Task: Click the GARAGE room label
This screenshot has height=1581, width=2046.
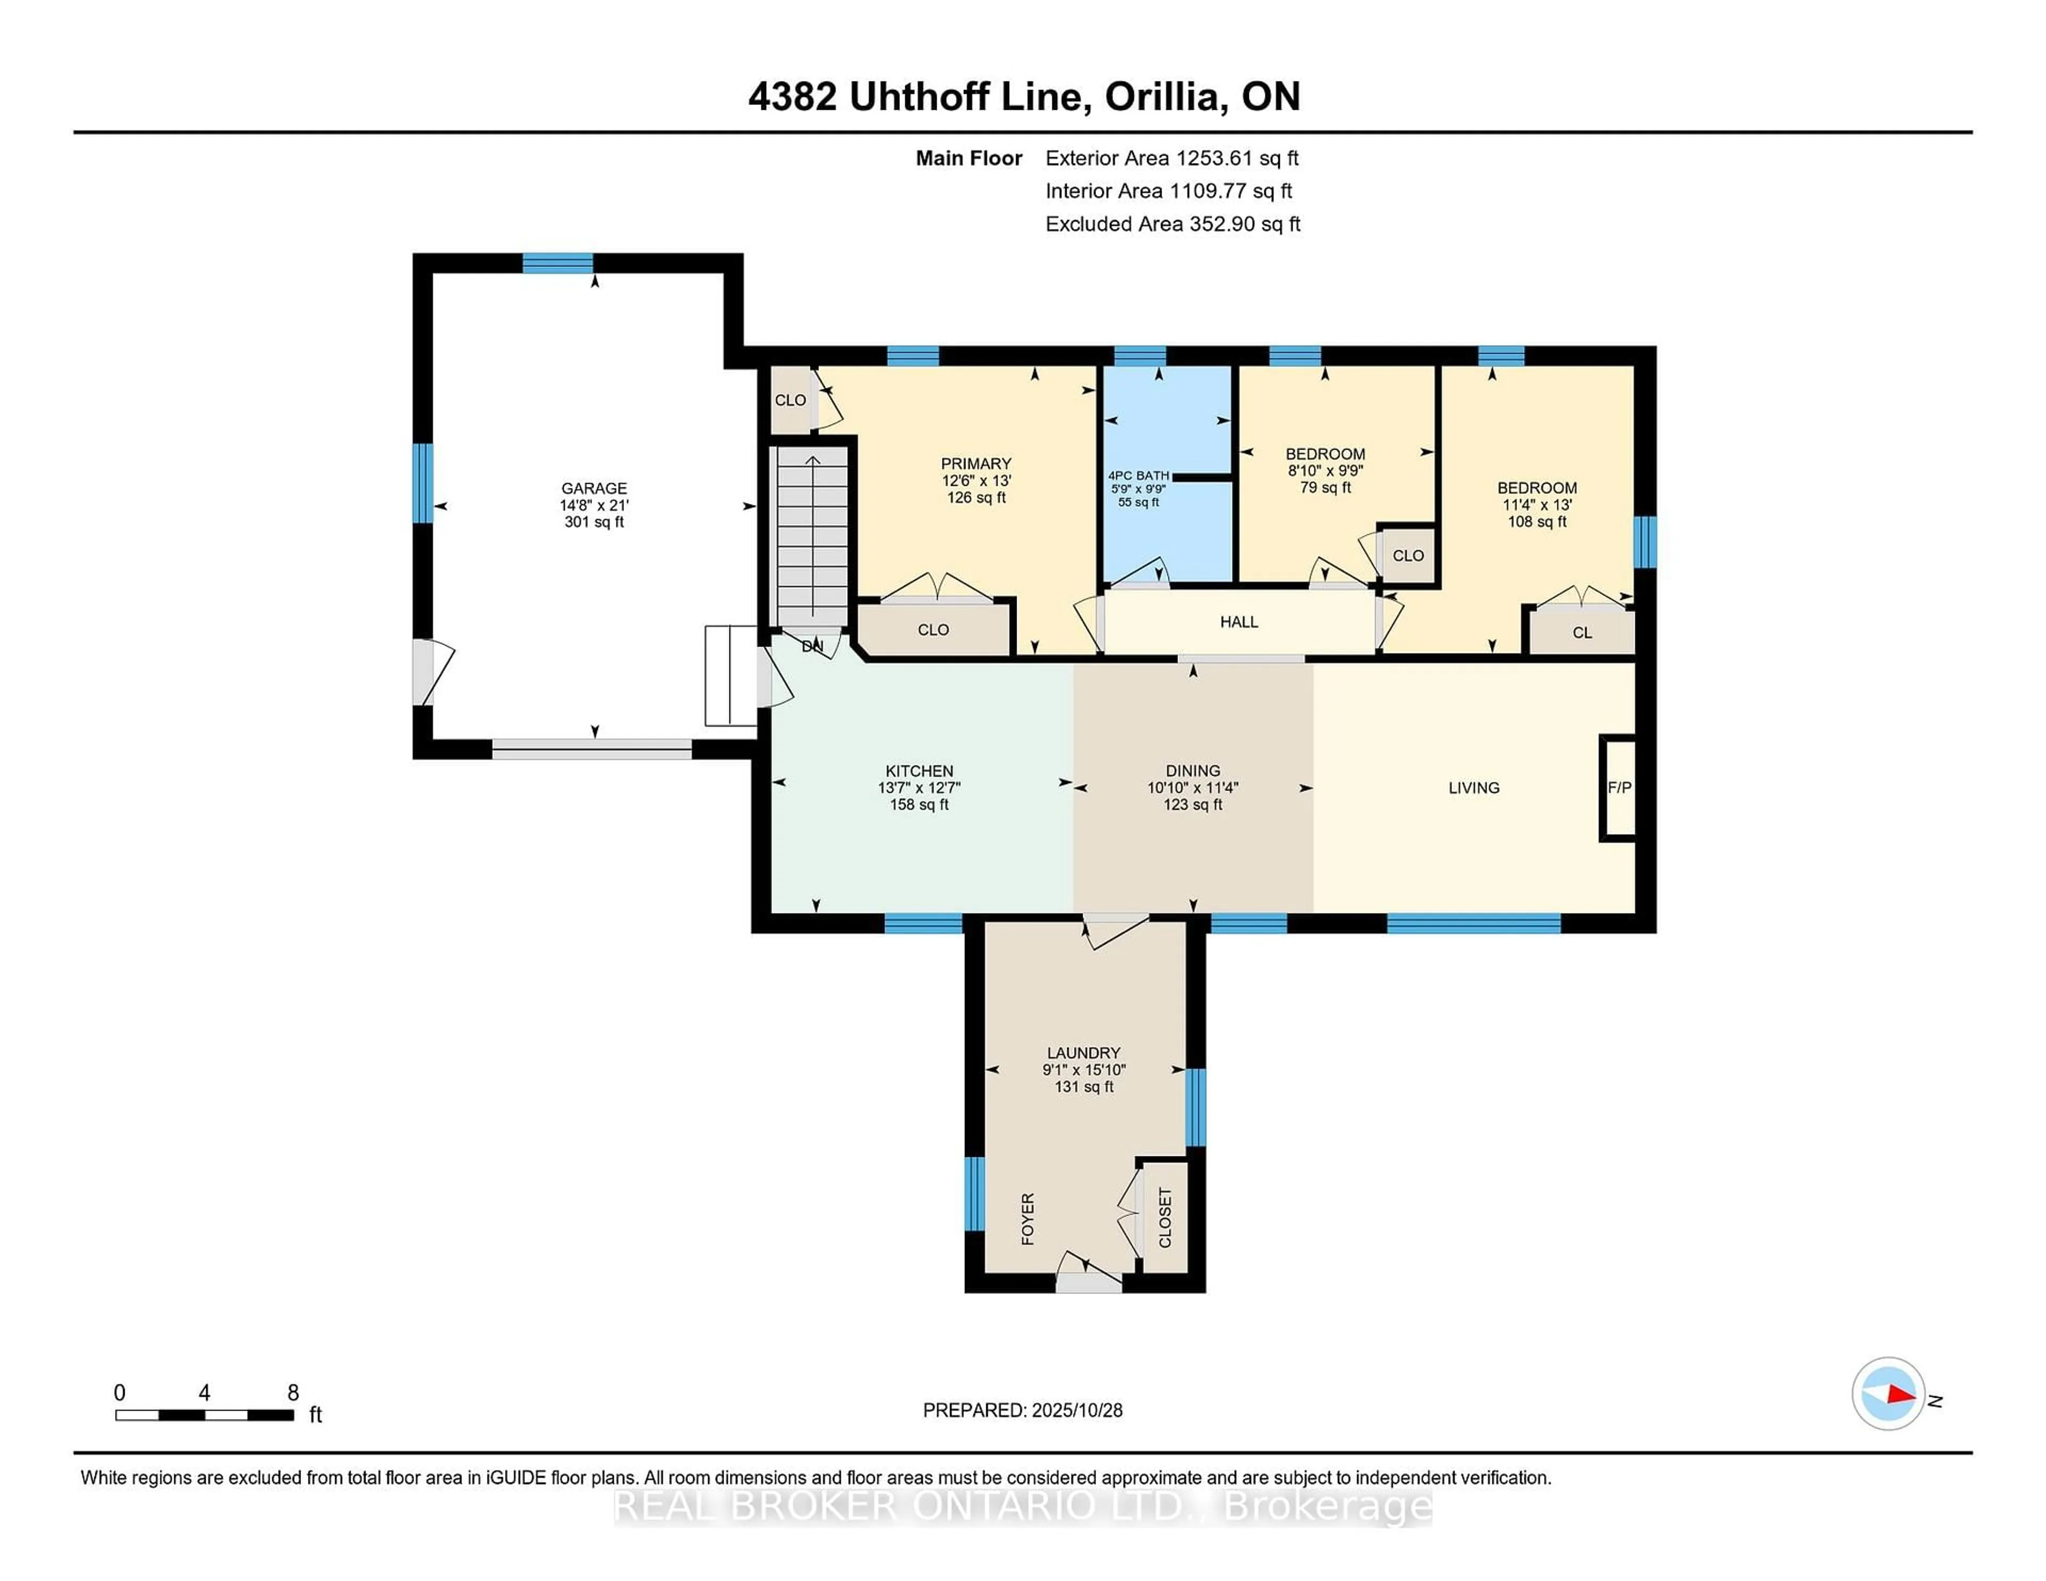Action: pos(594,488)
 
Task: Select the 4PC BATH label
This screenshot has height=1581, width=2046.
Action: pos(1138,476)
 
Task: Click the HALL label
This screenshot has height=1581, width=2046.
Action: pos(1238,622)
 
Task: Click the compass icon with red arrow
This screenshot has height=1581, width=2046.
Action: pos(1888,1393)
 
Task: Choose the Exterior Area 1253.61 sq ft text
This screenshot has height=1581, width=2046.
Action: pos(1172,158)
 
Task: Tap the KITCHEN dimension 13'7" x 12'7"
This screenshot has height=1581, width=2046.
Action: pos(919,788)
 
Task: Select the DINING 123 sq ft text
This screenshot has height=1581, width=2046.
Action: pos(1192,804)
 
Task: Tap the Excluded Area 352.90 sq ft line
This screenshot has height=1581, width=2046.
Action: pos(1172,224)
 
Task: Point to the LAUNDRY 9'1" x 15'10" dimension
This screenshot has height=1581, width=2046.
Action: pos(1084,1070)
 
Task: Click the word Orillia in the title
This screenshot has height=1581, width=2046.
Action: pos(1166,96)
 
